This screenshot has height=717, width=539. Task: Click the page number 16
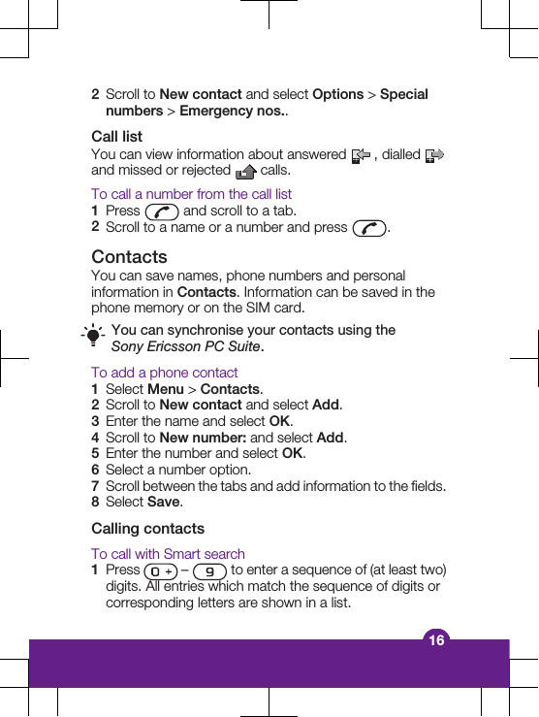(437, 640)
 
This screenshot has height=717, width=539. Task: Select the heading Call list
(116, 137)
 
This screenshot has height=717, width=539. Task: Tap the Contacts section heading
(129, 257)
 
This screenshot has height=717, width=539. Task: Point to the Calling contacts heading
(147, 529)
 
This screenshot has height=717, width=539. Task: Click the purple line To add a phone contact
(164, 373)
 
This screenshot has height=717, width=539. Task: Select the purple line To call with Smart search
(168, 554)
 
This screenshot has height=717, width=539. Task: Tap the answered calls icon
(361, 155)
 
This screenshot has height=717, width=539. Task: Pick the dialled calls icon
(434, 155)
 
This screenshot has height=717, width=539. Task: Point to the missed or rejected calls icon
(245, 172)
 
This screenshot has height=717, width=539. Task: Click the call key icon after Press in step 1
(161, 212)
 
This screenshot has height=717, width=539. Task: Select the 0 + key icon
(160, 571)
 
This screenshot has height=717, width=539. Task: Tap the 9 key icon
(209, 571)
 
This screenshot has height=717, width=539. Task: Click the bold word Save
(163, 503)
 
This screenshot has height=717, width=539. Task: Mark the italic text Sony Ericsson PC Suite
(185, 346)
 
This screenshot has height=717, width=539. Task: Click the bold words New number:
(203, 438)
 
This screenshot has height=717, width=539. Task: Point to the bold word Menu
(165, 389)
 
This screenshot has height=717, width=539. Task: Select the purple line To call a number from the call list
(191, 194)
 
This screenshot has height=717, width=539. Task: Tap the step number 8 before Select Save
(95, 503)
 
